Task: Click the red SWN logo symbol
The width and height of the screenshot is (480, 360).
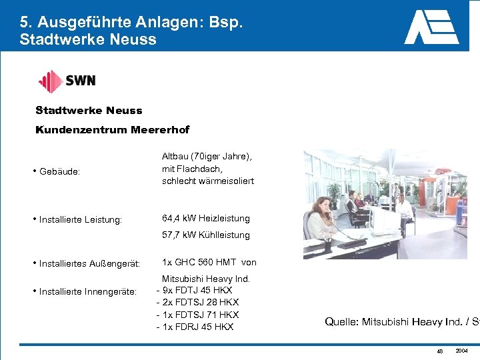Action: click(50, 81)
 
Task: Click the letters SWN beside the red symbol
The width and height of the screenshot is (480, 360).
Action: click(81, 81)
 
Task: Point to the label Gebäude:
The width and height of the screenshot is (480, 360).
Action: click(59, 171)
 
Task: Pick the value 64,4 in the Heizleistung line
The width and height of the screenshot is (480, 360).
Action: click(173, 218)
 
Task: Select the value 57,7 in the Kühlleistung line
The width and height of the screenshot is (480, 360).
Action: click(173, 235)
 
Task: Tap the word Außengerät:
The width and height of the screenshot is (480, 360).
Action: click(115, 264)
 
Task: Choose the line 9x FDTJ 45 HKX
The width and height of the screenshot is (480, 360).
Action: click(197, 290)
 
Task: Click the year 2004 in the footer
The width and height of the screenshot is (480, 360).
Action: click(461, 351)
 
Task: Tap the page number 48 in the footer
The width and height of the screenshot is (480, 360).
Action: click(439, 351)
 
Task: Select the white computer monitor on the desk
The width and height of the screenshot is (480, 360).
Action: click(385, 220)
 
